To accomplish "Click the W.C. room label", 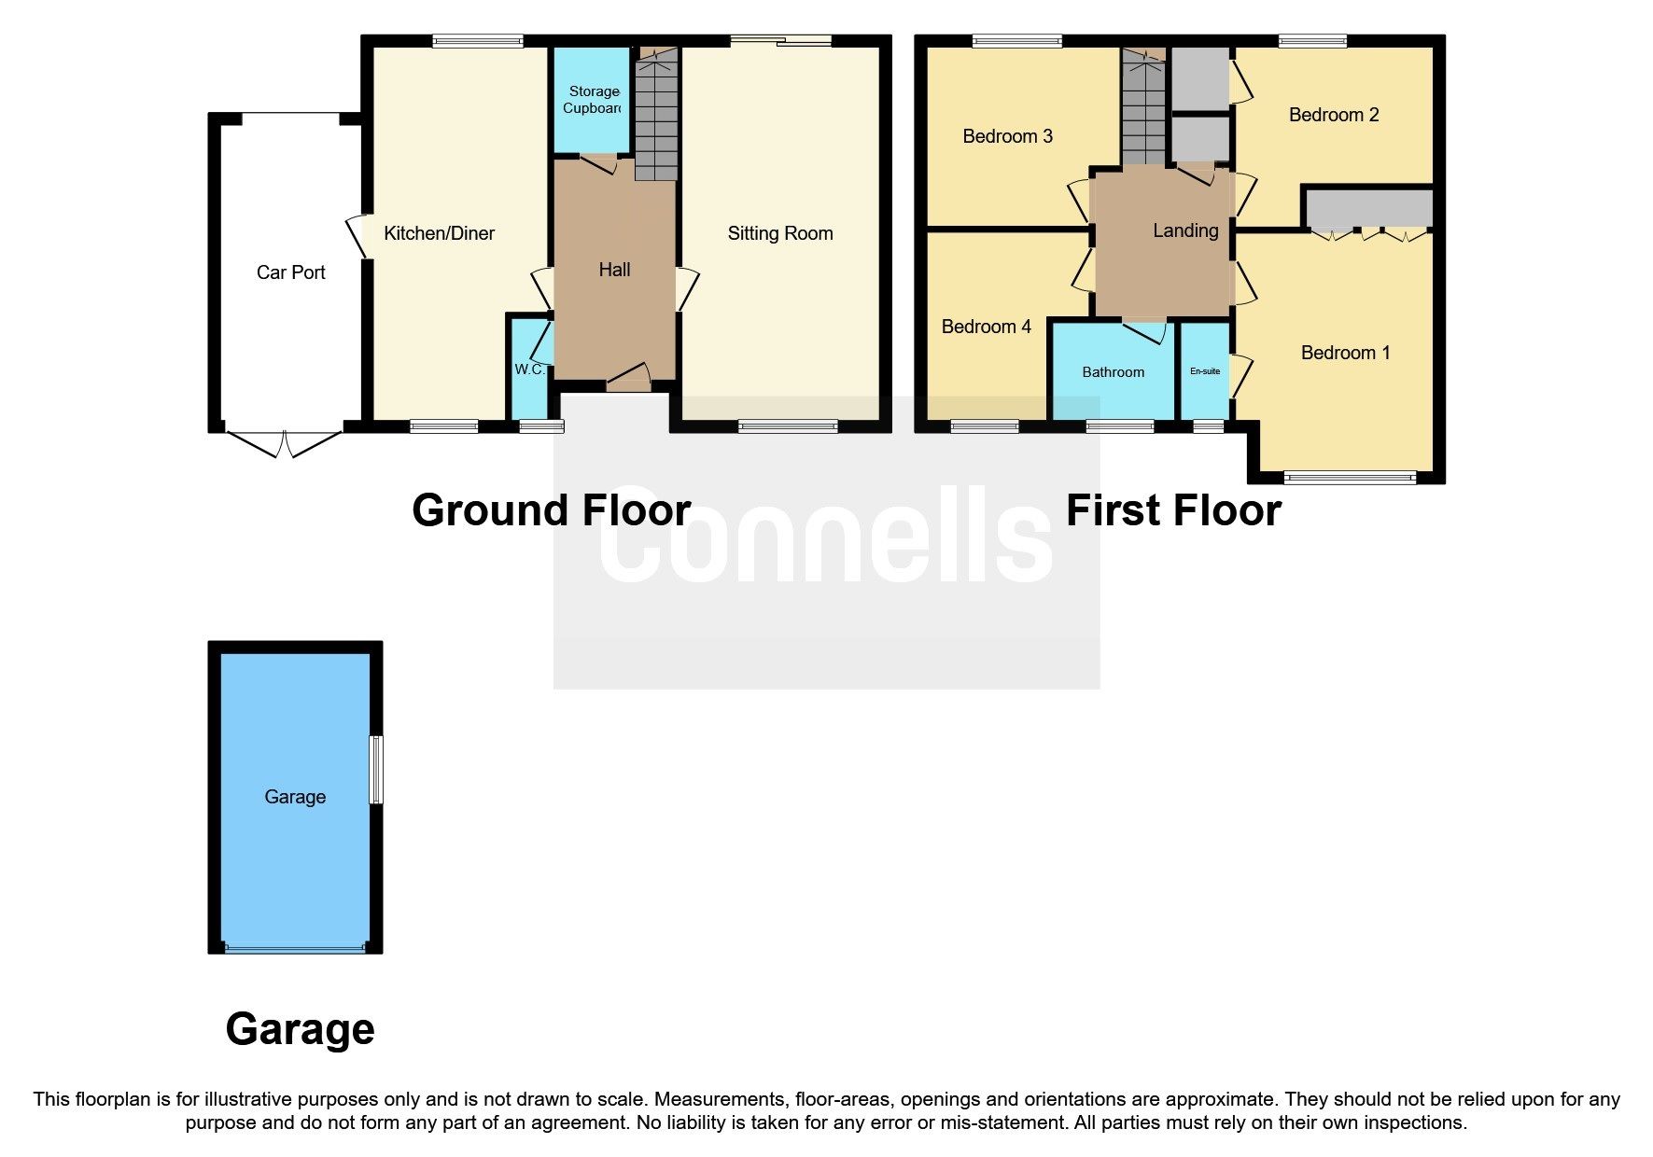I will [529, 369].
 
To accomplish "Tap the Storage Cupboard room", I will [593, 100].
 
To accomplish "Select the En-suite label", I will [1205, 371].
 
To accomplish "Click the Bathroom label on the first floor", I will [1113, 372].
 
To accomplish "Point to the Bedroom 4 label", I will [986, 327].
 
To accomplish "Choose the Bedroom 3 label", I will [1007, 136].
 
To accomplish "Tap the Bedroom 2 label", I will [1333, 115].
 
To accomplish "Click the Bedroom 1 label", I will [1345, 353].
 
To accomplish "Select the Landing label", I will [1185, 230].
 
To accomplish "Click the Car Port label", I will [291, 272].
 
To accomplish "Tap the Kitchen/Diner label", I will [439, 233].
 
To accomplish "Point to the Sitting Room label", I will [780, 233].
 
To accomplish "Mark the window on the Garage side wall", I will [376, 770].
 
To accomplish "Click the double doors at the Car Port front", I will [285, 444].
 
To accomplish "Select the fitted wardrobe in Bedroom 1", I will [1368, 209].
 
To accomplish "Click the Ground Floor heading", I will [551, 510].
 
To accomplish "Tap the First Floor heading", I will [1173, 510].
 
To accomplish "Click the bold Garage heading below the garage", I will [300, 1029].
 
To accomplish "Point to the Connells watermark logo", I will [826, 537].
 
